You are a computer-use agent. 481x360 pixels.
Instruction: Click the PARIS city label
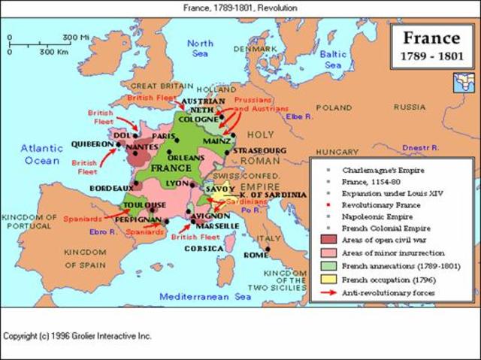coord(162,136)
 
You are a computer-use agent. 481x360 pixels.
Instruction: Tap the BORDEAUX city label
coord(113,186)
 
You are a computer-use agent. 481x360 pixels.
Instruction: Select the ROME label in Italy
coord(256,255)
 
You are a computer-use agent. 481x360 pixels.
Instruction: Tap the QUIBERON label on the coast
coord(92,144)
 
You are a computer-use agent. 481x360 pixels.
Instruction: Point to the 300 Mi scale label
coord(75,37)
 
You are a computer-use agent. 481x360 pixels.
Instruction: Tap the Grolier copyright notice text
coord(77,335)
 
